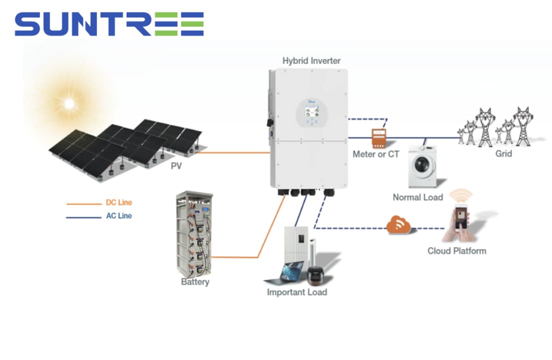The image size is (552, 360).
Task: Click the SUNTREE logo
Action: (x=109, y=24)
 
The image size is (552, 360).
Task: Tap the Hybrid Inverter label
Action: (x=311, y=61)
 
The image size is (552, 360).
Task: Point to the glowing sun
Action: (x=69, y=103)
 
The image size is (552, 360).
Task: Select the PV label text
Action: (x=176, y=165)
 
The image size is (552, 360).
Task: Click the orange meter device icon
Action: (x=379, y=138)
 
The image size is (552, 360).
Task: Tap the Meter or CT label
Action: (x=375, y=154)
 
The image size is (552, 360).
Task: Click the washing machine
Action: (x=422, y=166)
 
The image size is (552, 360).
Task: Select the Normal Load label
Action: (x=418, y=197)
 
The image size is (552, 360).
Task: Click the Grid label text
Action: (x=503, y=154)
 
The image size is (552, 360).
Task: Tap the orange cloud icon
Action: (x=398, y=225)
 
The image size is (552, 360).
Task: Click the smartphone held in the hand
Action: (x=461, y=217)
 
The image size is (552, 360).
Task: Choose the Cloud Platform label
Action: (x=457, y=251)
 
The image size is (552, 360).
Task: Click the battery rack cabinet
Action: (x=194, y=234)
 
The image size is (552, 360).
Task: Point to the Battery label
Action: (x=195, y=282)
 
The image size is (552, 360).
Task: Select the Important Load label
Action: (x=297, y=292)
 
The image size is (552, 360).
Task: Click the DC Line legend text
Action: (x=119, y=202)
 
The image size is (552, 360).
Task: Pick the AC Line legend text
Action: (x=119, y=215)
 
